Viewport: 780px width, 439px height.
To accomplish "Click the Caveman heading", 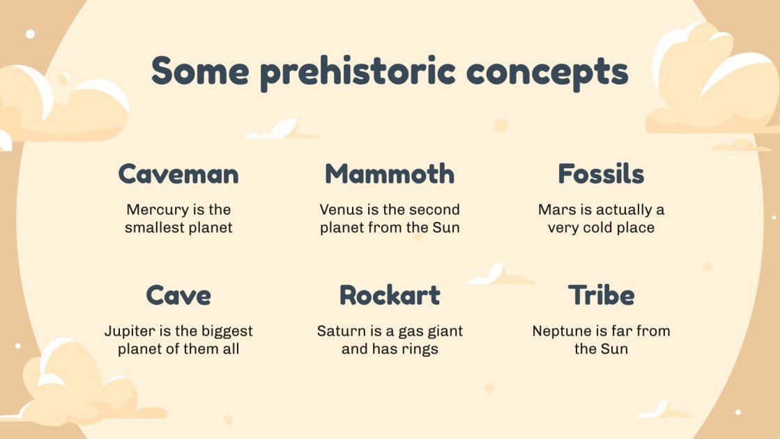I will coord(178,174).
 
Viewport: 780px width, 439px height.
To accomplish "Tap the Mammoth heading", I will coord(390,174).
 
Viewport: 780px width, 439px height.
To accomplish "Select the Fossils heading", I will coord(601,174).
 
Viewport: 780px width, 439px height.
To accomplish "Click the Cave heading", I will coord(178,295).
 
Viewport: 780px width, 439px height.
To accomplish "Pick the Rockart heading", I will coord(390,295).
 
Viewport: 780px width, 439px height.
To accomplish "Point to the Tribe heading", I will coord(601,295).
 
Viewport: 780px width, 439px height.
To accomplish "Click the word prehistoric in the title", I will coord(361,72).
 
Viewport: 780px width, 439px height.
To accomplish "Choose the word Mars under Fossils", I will coord(554,209).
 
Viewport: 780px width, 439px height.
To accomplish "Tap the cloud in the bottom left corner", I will coord(77,387).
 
